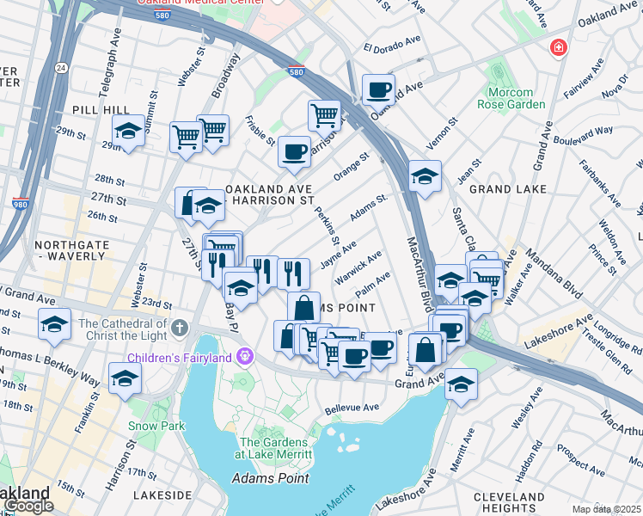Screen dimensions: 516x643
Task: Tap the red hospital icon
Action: click(559, 46)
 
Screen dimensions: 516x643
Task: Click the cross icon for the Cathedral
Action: click(179, 328)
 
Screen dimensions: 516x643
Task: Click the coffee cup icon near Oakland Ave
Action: click(377, 89)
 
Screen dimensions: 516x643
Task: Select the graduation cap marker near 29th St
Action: click(128, 132)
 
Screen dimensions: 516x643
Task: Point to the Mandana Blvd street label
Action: click(568, 273)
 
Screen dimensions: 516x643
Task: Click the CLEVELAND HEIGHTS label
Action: click(508, 502)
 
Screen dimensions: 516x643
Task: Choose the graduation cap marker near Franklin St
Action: click(125, 378)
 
